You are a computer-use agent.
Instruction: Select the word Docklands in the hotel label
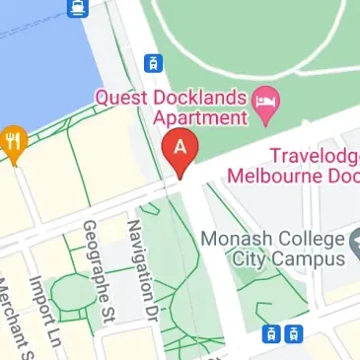[x=209, y=98]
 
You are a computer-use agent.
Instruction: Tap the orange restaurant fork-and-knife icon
[x=13, y=141]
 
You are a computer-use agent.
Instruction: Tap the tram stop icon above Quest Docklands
[x=153, y=63]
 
